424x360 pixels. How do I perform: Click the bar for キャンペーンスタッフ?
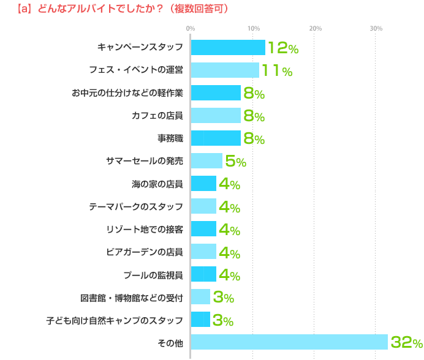click(x=228, y=48)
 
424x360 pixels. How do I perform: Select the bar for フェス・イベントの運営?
click(x=225, y=70)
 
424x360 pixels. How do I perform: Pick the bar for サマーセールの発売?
click(x=206, y=161)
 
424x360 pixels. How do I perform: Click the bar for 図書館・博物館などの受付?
click(x=200, y=297)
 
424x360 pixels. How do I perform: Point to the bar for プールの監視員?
click(x=203, y=274)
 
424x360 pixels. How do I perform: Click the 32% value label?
click(x=406, y=342)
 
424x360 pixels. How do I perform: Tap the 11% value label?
click(x=276, y=70)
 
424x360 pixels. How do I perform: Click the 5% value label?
click(x=235, y=161)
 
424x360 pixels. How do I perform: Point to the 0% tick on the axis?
click(x=190, y=29)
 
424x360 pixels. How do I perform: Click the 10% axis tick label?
click(x=252, y=29)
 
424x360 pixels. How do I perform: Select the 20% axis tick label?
click(x=315, y=29)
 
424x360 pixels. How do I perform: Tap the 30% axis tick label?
click(x=376, y=29)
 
